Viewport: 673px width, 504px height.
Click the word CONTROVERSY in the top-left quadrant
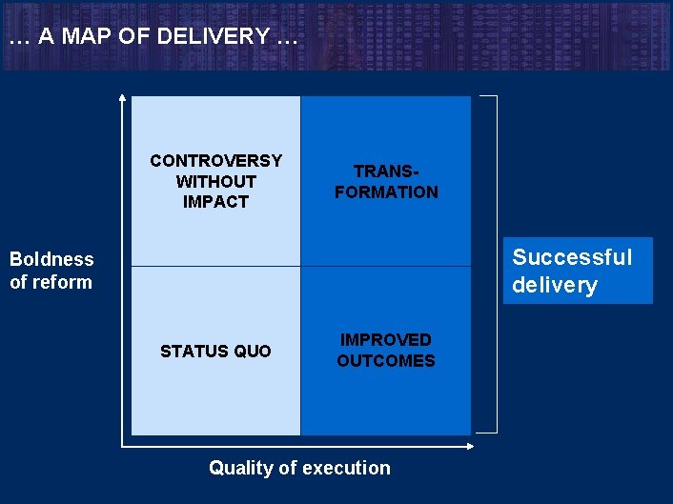215,160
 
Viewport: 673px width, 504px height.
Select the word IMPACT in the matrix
215,202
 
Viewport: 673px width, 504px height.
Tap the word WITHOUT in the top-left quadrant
215,181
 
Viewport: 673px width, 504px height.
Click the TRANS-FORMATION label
386,181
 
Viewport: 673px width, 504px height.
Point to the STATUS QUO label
215,352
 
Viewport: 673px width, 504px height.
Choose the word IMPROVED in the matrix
386,340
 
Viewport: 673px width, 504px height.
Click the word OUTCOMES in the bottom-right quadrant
386,361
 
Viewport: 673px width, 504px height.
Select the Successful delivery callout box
578,271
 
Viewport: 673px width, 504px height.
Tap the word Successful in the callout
572,257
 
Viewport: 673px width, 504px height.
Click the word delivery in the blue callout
555,285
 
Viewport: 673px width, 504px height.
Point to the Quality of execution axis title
299,468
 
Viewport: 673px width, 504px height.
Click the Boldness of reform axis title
51,271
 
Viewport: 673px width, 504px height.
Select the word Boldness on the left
51,259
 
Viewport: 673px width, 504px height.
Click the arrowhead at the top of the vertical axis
122,96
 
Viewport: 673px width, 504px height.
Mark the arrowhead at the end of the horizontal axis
472,445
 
